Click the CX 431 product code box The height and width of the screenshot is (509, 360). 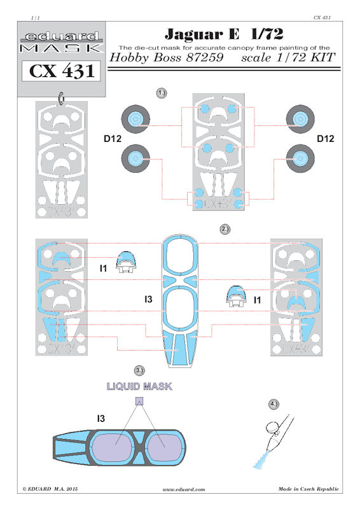click(61, 71)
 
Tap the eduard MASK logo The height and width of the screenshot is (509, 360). click(61, 42)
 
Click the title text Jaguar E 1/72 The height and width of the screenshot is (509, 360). click(224, 34)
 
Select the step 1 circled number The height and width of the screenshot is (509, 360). click(162, 93)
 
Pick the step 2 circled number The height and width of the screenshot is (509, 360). click(225, 229)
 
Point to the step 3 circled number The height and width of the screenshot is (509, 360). click(139, 370)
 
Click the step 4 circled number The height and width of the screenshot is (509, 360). click(274, 404)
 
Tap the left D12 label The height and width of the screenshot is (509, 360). click(113, 139)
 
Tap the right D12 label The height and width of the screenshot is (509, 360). click(325, 139)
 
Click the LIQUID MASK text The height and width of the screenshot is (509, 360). click(139, 386)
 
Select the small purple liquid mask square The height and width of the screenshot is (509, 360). click(139, 401)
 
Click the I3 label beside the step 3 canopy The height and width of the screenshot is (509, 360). click(101, 419)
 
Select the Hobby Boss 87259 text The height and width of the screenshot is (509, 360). click(167, 57)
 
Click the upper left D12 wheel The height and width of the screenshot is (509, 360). click(135, 119)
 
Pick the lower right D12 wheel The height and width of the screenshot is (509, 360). click(300, 158)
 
